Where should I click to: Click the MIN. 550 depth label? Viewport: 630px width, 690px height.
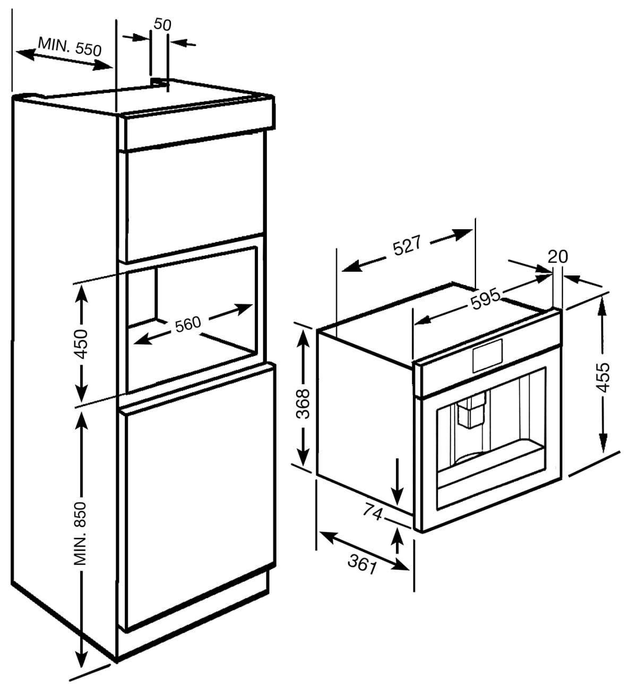point(69,47)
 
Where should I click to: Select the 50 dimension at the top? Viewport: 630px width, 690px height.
point(162,24)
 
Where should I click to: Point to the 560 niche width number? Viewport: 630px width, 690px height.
point(188,324)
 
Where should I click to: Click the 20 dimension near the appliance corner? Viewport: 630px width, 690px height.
point(557,256)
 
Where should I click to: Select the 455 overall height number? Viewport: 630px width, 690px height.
point(603,377)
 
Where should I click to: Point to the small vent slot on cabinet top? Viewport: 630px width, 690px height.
point(159,81)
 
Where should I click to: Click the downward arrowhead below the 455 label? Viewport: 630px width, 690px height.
point(603,443)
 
